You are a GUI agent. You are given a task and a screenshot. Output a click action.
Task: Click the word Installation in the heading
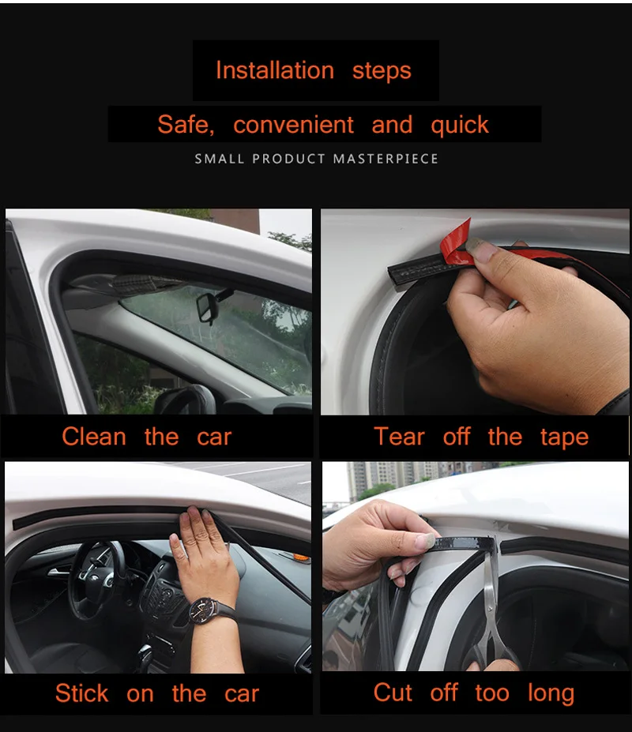pos(274,70)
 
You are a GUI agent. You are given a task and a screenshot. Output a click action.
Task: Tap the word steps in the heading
pos(382,70)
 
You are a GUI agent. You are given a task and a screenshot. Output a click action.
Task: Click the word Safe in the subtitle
pos(184,125)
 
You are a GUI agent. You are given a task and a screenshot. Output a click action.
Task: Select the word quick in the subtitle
pos(460,125)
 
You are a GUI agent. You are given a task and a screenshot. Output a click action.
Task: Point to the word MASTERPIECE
pos(386,159)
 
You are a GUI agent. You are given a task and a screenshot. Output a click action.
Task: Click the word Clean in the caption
pos(93,437)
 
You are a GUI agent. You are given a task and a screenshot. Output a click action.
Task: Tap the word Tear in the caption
pos(399,437)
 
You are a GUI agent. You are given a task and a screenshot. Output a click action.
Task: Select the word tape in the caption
pos(564,437)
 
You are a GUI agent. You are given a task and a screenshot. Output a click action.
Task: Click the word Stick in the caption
pos(81,693)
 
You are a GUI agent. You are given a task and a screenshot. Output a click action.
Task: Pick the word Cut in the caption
pos(393,693)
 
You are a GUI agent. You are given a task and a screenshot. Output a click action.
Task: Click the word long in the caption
pos(551,694)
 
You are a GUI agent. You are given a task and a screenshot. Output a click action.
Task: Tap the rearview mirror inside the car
pos(208,307)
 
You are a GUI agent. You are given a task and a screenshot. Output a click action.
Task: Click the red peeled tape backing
pos(457,241)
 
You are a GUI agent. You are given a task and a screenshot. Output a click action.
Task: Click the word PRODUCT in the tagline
pos(289,159)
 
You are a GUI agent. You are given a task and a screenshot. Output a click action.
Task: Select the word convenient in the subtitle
pos(294,125)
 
